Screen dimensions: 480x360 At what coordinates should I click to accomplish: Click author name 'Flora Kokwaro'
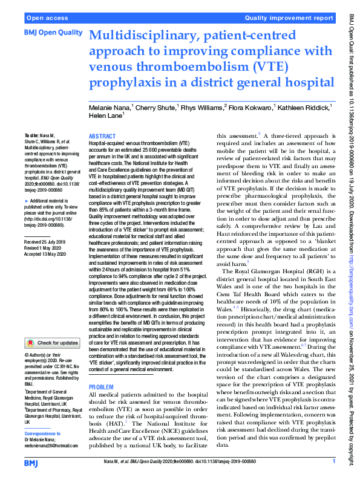click(249, 108)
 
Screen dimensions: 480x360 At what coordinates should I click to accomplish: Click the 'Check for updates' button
click(52, 343)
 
